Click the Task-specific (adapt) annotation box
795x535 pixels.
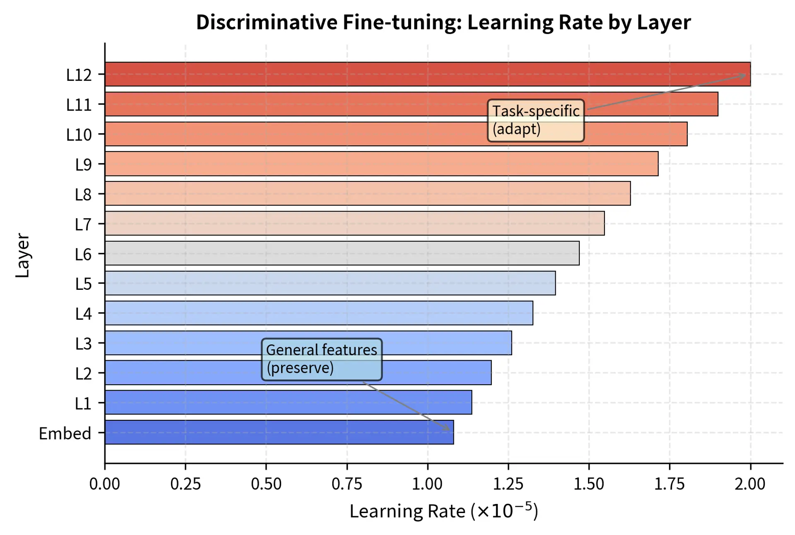[x=535, y=120]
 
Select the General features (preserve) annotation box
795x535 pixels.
[x=322, y=359]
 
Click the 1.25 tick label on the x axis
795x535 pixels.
[x=508, y=484]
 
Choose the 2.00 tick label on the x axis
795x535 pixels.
[x=750, y=484]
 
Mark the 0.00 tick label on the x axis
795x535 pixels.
[x=104, y=484]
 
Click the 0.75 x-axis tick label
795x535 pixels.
[x=347, y=484]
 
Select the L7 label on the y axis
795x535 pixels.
[x=83, y=224]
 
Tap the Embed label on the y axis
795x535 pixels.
[x=65, y=434]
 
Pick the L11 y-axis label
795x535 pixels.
[x=79, y=105]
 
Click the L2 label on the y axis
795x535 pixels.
[x=83, y=374]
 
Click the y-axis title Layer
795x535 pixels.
[x=22, y=255]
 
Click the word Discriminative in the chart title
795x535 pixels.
[x=267, y=22]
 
